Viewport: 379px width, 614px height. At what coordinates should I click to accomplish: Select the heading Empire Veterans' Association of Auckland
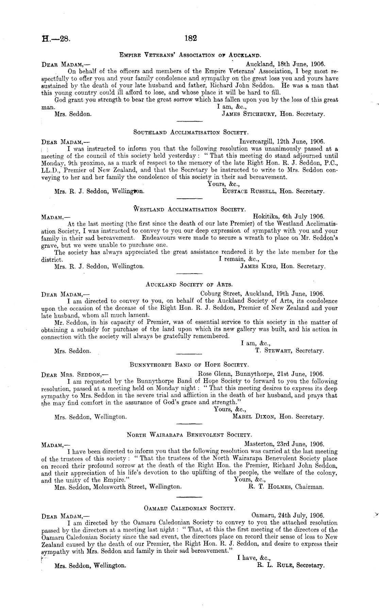pos(189,55)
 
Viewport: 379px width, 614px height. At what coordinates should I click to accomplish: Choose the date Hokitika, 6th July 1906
pos(289,216)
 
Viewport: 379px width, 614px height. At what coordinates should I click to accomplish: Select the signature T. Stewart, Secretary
pos(289,351)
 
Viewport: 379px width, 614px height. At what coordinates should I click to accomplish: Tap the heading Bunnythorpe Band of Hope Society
pos(189,365)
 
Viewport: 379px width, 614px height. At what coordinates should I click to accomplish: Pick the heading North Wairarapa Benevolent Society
pos(189,435)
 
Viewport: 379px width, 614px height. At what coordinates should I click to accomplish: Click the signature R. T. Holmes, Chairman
pos(286,487)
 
